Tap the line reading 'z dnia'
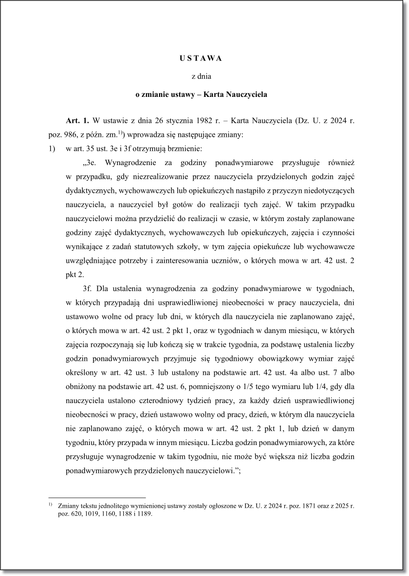[x=204, y=76]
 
